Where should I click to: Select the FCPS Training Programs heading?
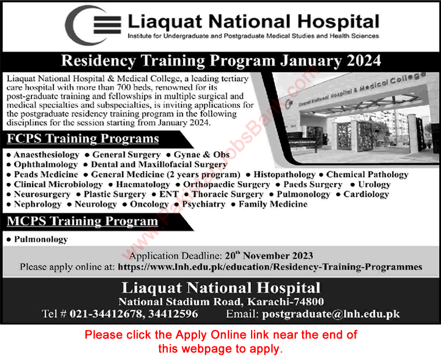83,139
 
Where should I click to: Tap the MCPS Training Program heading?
83,221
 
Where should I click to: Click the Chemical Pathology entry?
367,175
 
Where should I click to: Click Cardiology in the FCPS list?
365,195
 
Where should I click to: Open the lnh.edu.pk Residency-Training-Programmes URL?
270,267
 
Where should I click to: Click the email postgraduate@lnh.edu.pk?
331,314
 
